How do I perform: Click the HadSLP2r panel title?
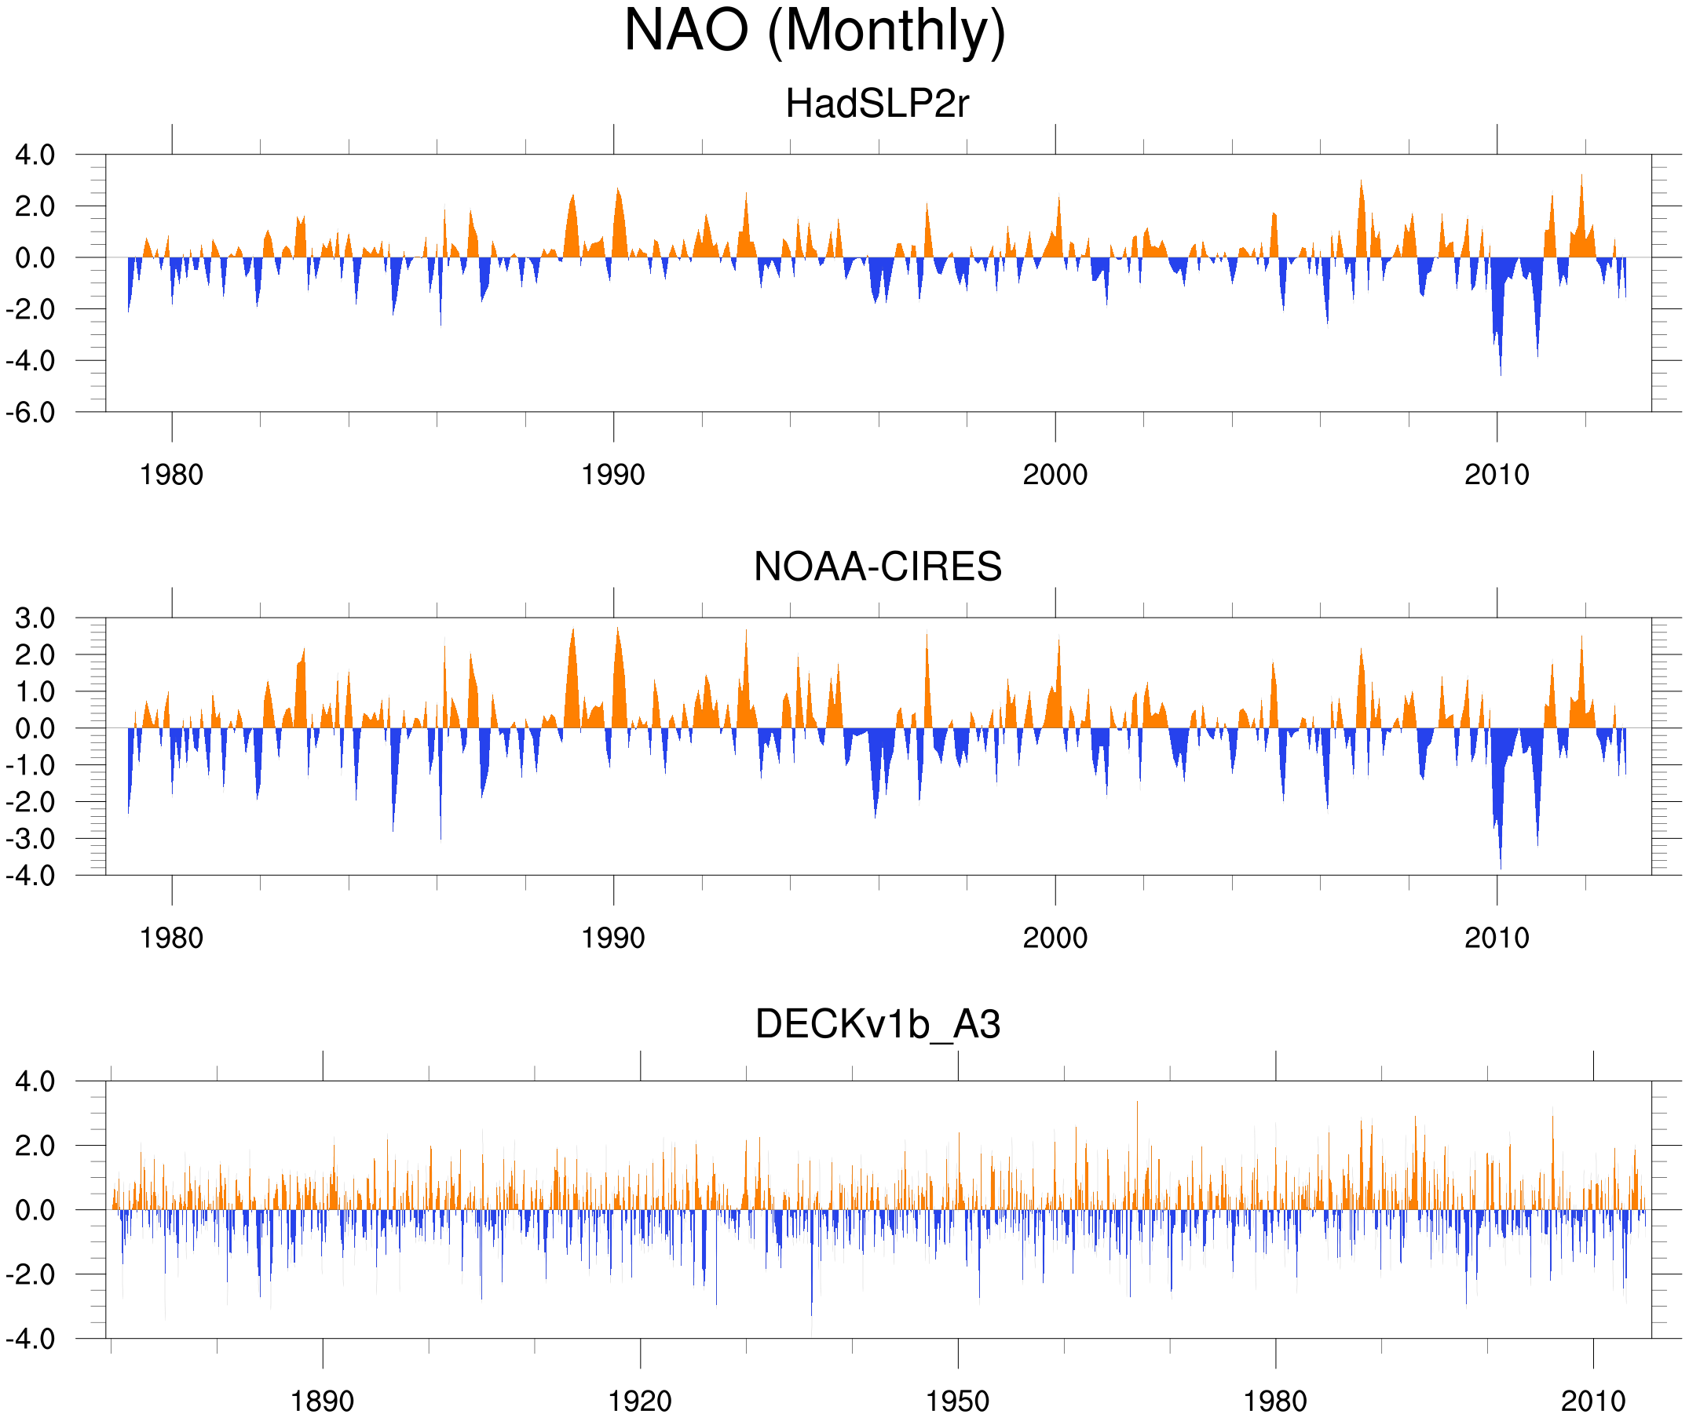coord(876,104)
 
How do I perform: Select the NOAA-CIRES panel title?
coord(877,567)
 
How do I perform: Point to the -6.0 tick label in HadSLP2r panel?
coord(31,414)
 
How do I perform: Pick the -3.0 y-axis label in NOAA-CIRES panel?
coord(31,839)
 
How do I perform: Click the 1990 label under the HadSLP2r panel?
coord(613,475)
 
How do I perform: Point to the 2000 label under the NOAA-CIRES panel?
coord(1055,938)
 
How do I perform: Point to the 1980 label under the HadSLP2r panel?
coord(171,475)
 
